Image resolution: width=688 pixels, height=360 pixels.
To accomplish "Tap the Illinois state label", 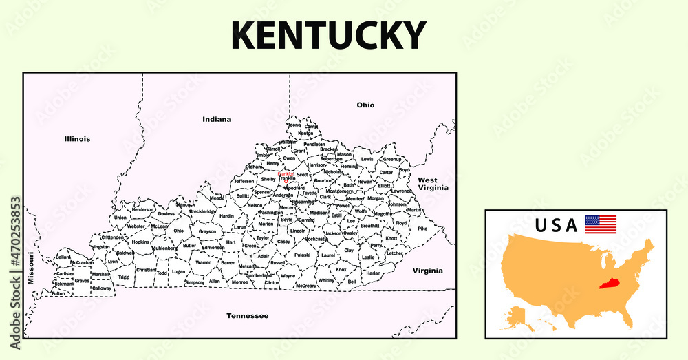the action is [77, 139].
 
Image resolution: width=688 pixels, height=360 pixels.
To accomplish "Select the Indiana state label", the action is [217, 120].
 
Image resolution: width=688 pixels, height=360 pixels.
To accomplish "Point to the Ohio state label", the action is [365, 105].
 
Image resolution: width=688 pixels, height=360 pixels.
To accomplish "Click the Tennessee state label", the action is [247, 315].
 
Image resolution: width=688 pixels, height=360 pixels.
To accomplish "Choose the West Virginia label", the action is [433, 184].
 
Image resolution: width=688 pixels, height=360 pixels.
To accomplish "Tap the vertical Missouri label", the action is [31, 268].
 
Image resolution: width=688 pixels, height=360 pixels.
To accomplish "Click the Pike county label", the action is [422, 229].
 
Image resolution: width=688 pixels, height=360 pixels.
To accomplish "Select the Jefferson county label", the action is [244, 182].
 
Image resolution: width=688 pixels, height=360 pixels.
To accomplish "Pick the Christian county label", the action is [146, 270].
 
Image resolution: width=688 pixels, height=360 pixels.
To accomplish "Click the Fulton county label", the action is [58, 293].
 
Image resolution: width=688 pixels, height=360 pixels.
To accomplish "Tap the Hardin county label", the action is [227, 216].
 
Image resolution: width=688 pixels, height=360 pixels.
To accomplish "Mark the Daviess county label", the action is [166, 214].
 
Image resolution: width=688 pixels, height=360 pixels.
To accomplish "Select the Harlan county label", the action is [374, 273].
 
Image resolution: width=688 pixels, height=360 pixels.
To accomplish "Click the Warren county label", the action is [203, 262].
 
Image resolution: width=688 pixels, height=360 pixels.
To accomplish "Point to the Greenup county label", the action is [391, 159].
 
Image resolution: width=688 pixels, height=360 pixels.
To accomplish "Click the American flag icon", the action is [601, 224].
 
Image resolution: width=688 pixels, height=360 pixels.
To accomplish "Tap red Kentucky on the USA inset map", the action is [608, 284].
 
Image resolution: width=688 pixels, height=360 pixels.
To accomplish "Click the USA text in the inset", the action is [556, 226].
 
